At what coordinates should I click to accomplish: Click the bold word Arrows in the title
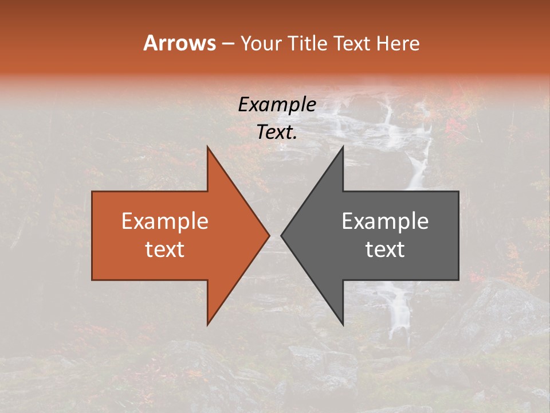coord(179,43)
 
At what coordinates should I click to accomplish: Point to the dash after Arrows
coord(227,44)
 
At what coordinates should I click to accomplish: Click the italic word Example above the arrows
coord(277,105)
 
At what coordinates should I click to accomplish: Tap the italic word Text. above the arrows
coord(277,133)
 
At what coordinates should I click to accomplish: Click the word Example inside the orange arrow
coord(165,221)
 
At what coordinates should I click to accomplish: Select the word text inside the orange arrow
coord(165,249)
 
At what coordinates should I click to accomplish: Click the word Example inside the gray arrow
coord(385,221)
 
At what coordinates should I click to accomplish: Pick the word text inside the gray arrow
coord(385,249)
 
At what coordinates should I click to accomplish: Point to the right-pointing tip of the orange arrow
coord(269,235)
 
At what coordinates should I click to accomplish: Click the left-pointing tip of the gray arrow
coord(281,235)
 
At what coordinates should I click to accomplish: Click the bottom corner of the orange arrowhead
coord(207,325)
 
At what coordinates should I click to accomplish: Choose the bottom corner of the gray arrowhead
coord(343,325)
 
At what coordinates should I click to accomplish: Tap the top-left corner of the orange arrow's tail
coord(92,192)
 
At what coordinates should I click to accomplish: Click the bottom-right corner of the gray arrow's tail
coord(458,280)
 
